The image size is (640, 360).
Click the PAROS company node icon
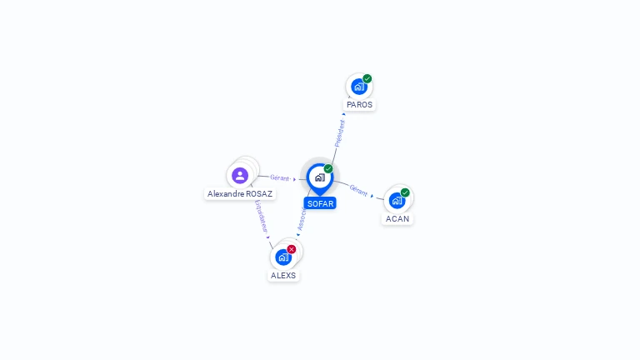tap(358, 87)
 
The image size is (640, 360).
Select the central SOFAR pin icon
tap(319, 177)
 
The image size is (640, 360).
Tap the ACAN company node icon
tap(397, 200)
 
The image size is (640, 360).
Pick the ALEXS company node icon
tap(283, 257)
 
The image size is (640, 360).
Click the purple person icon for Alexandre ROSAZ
tap(240, 175)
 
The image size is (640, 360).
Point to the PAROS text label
tap(360, 105)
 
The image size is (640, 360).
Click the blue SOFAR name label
tap(320, 203)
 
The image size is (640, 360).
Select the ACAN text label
tap(397, 219)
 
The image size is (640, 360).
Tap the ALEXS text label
tap(283, 276)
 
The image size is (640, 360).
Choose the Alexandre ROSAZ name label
tap(240, 194)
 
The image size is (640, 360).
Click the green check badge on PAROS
tap(367, 78)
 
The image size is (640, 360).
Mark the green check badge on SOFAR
tap(328, 168)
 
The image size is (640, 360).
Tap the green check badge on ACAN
tap(405, 192)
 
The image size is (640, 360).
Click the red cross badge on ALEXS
tap(292, 249)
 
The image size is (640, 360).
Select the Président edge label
tap(339, 133)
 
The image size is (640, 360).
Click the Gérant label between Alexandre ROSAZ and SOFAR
tap(280, 177)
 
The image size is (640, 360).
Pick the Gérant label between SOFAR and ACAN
tap(358, 190)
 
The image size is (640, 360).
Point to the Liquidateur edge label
tap(260, 215)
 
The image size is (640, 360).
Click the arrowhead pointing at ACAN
tap(372, 196)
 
